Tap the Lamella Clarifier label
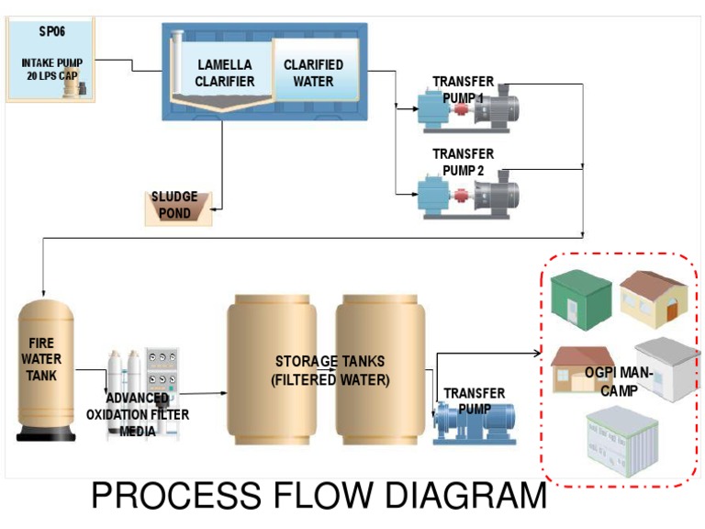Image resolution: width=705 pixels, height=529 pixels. tap(225, 73)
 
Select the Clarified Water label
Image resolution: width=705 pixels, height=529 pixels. tap(313, 73)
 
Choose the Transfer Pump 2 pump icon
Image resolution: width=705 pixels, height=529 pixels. tap(467, 193)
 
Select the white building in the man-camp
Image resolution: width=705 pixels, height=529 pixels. tap(668, 367)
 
